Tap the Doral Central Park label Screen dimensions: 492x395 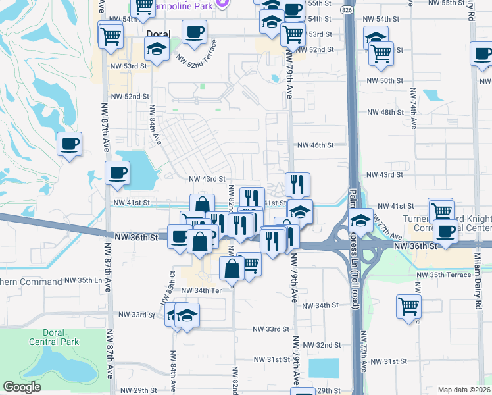pos(54,337)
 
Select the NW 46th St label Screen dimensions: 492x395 pos(316,145)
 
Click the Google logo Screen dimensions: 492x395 pos(22,387)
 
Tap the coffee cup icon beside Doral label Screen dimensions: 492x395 pos(195,32)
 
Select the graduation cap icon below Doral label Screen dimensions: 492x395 pos(157,49)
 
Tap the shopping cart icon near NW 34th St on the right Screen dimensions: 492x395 pos(408,305)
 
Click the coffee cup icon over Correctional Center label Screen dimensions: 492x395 pos(445,231)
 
